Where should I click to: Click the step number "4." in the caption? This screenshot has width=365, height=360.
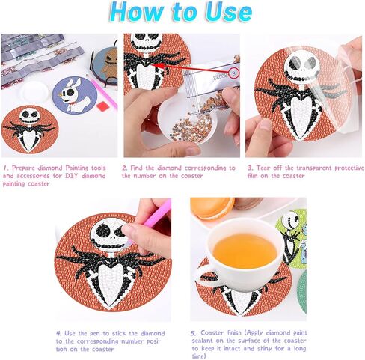tap(58, 332)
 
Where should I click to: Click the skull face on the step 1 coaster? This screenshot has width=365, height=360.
tap(30, 116)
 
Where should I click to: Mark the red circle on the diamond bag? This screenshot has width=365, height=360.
tap(235, 73)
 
